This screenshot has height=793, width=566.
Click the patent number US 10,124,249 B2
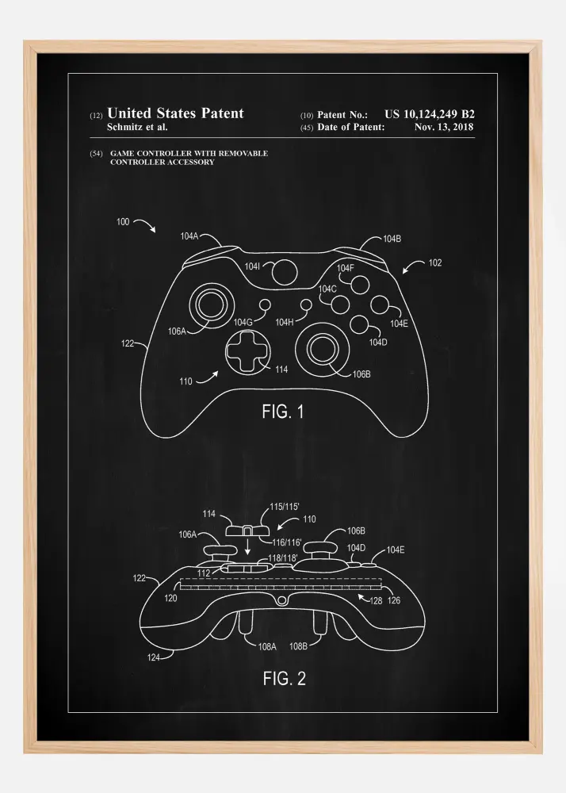429,115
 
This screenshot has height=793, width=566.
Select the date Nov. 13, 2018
444,128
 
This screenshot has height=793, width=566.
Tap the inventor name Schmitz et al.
137,128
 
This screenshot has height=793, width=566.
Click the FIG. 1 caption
283,412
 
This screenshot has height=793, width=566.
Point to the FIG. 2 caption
285,679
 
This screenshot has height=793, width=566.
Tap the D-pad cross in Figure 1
248,352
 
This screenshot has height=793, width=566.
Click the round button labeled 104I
285,271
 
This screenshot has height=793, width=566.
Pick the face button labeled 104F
359,285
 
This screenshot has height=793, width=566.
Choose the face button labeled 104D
359,324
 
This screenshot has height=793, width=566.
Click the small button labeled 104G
264,305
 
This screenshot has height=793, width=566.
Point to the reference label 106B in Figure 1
361,374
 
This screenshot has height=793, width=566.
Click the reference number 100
123,221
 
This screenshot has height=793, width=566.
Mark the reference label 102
435,263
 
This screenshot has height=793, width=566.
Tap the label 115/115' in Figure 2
285,506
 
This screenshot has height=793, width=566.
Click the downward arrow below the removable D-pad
247,546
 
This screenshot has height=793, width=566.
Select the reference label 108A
267,646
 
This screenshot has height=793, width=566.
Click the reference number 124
154,657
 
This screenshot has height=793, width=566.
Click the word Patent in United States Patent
222,113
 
